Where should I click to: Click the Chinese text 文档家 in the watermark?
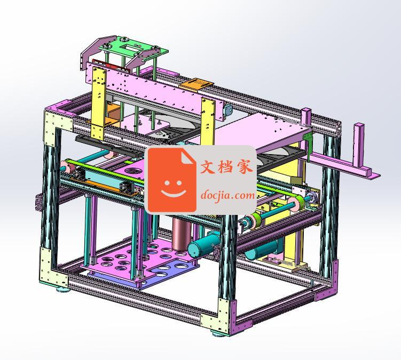pos(226,166)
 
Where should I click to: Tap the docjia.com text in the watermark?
pos(227,195)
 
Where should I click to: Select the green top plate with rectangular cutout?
pos(133,48)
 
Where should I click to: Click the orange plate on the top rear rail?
pos(196,84)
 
